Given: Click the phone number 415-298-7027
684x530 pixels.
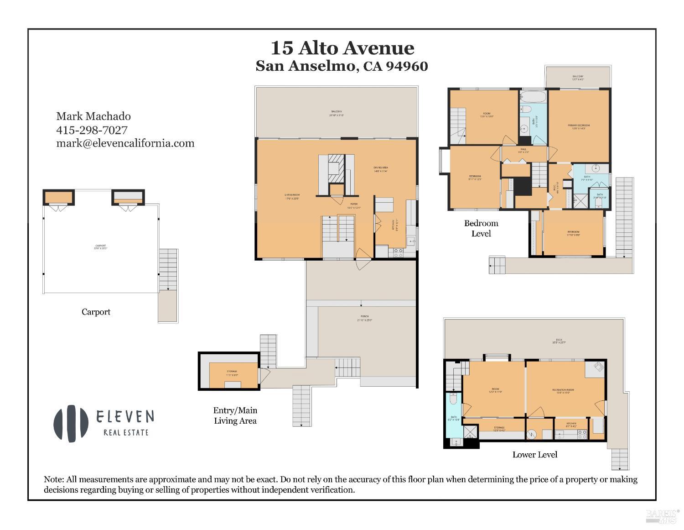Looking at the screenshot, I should pos(92,130).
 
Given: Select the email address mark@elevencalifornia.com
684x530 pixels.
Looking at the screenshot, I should pos(125,143).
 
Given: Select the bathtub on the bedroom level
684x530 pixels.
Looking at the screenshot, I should pos(533,97).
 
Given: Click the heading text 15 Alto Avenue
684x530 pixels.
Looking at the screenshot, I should pos(342,48).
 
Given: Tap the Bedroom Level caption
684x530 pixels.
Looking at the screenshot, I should pos(481,228).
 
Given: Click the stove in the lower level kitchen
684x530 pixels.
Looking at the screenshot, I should pos(582,436).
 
